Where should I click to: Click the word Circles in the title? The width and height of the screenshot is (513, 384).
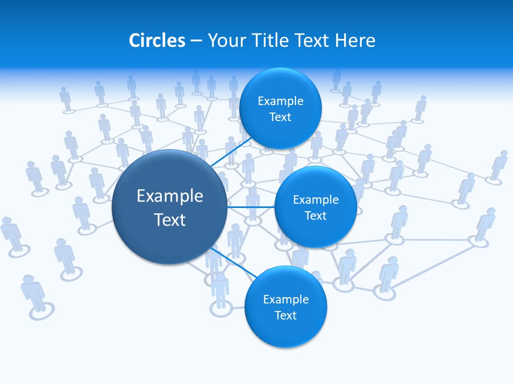tap(157, 41)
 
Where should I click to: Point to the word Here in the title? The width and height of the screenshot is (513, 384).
tap(355, 41)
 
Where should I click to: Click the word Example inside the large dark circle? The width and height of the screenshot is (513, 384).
tap(170, 196)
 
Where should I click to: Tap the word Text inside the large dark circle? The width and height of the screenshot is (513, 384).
tap(170, 220)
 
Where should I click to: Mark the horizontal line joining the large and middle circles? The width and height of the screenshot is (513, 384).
tap(251, 207)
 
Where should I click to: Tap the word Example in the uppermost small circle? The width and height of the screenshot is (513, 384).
tap(281, 101)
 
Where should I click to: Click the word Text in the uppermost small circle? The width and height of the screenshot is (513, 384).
tap(281, 117)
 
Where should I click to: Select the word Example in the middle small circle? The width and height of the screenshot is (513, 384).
tap(315, 200)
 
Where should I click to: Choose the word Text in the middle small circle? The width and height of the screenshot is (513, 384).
tap(315, 216)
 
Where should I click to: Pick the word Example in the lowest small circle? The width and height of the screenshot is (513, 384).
tap(285, 300)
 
